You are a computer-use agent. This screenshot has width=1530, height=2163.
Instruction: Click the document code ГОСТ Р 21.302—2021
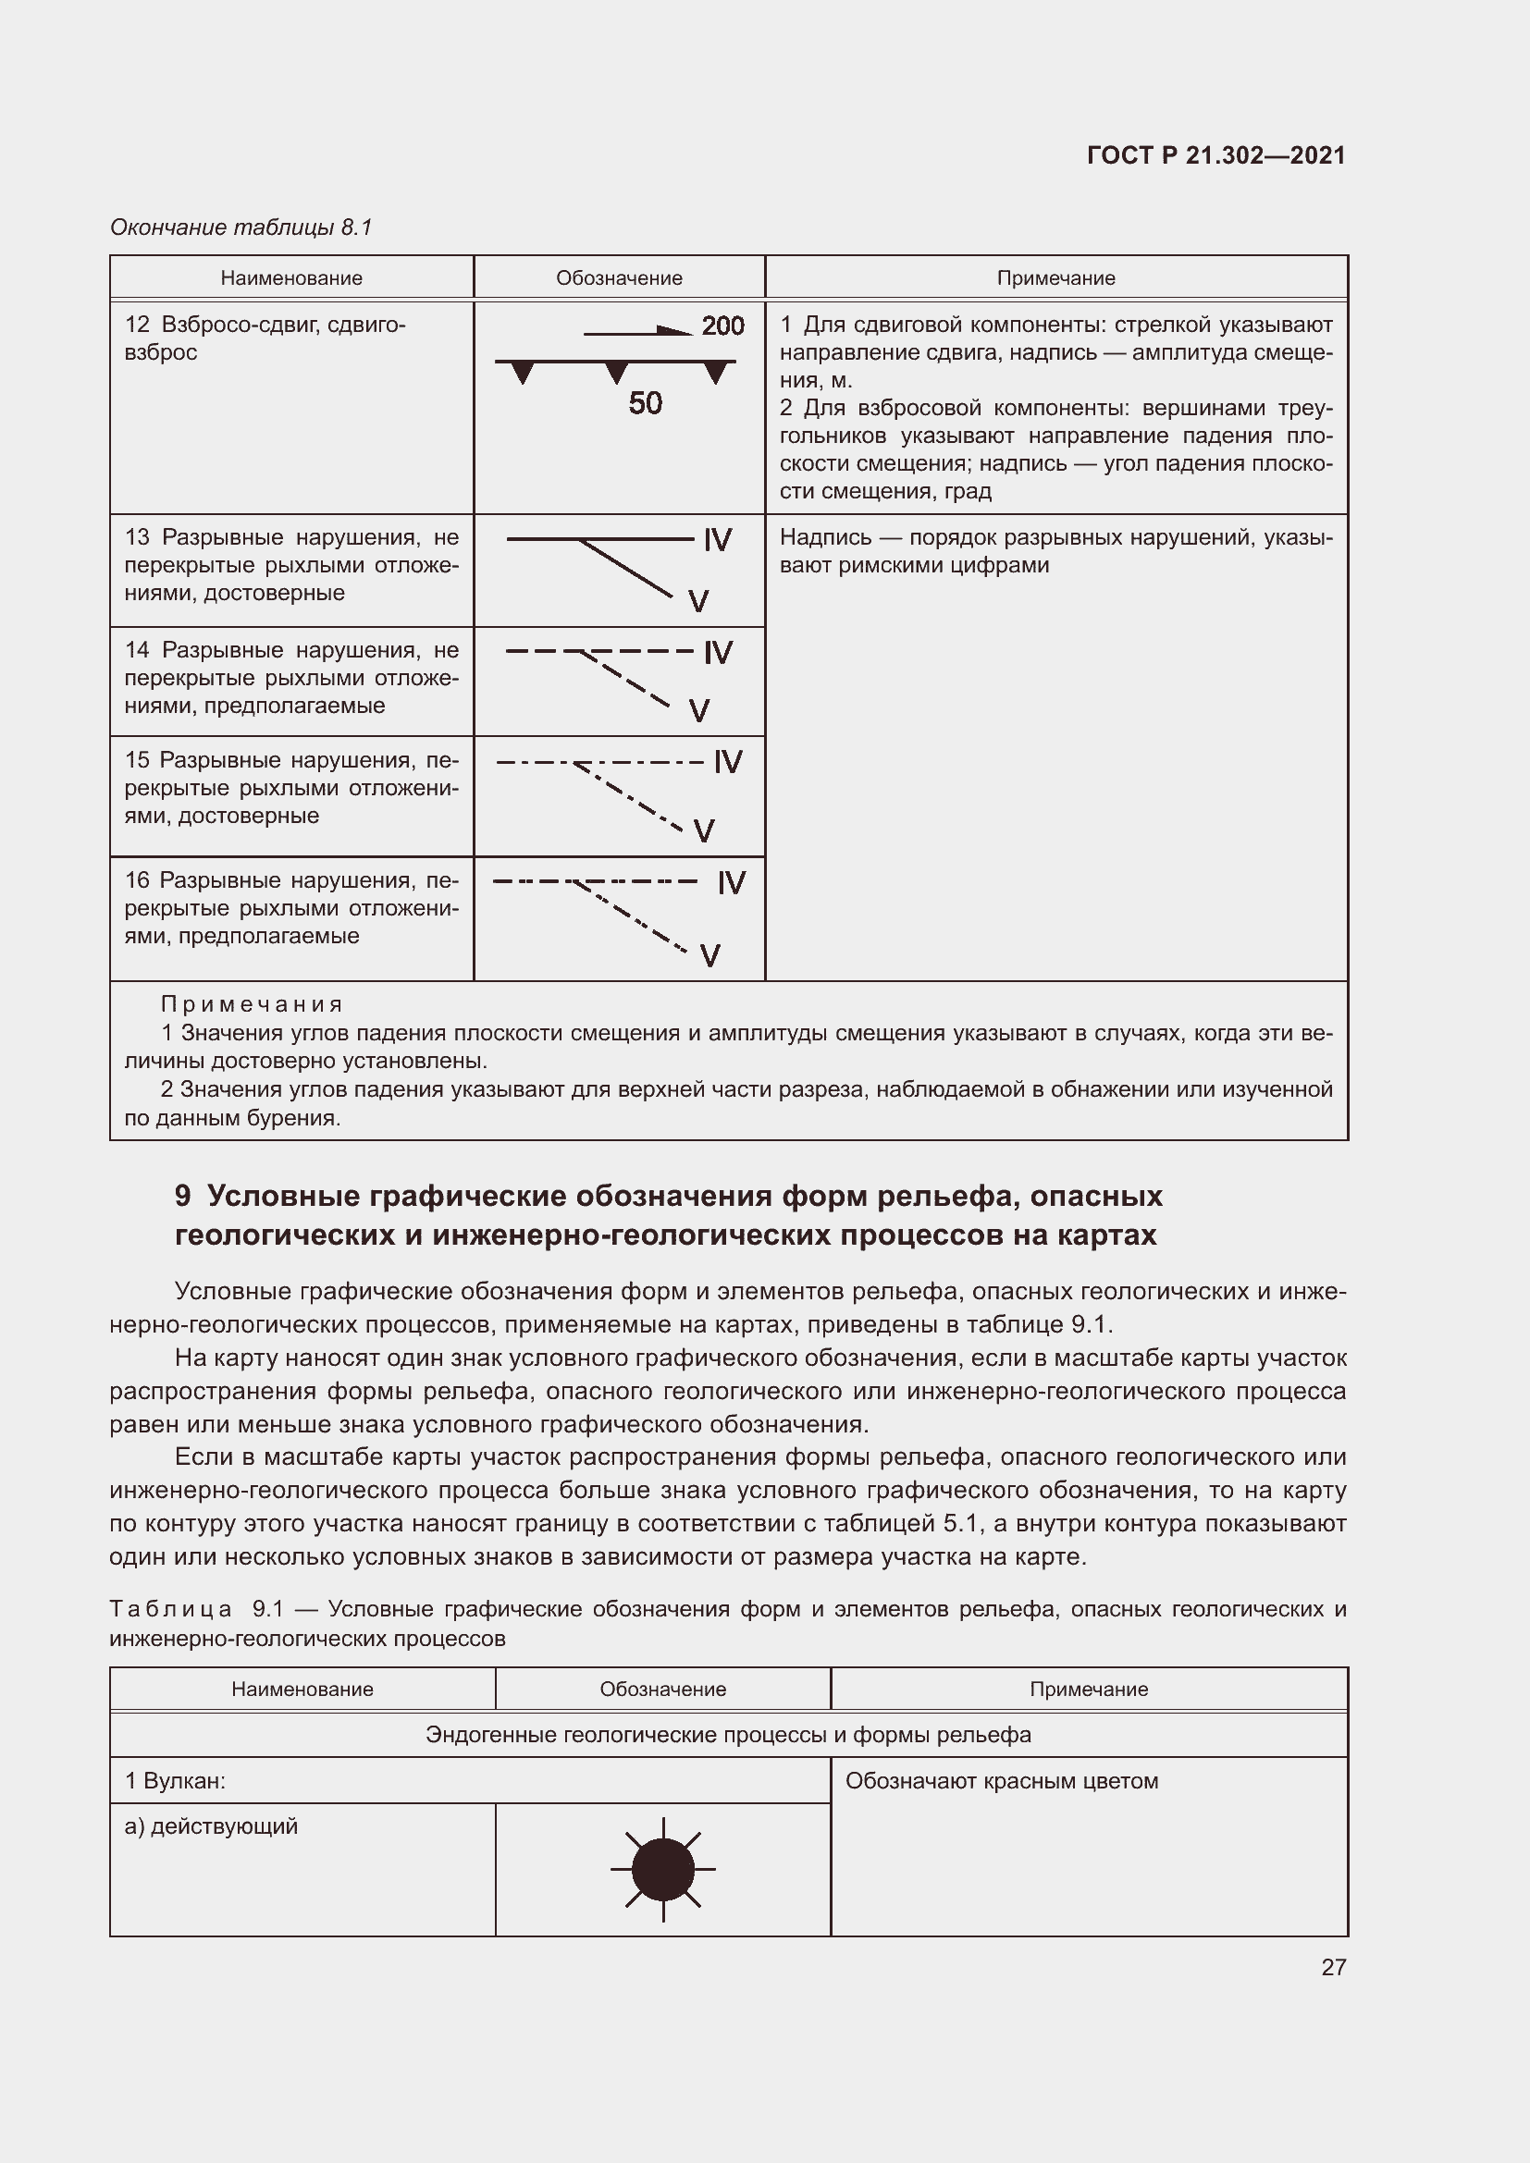pos(1215,155)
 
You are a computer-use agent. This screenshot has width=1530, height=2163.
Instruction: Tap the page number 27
pos(1333,1967)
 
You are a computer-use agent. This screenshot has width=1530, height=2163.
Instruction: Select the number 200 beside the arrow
pos(722,326)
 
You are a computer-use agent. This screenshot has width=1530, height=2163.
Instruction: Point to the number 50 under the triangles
pos(646,403)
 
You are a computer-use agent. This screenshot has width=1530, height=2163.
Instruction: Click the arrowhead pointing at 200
pos(676,331)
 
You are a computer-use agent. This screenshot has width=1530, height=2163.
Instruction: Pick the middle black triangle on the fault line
pos(616,372)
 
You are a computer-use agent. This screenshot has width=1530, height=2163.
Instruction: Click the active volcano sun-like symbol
pos(663,1870)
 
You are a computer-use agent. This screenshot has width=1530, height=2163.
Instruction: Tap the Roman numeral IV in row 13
pos(718,540)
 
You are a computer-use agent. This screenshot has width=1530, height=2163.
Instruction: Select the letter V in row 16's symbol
pos(710,956)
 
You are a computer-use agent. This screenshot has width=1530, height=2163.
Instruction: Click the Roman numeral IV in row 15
pos(728,761)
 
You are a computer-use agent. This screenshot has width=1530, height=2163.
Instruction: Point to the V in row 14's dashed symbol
pos(699,710)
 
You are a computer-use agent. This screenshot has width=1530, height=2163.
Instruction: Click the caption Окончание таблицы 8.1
pos(241,227)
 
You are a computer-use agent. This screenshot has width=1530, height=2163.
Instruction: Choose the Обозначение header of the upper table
pos(619,278)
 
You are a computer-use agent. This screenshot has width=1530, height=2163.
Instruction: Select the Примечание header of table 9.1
pos(1088,1690)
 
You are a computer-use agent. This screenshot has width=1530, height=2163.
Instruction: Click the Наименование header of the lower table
pos(302,1690)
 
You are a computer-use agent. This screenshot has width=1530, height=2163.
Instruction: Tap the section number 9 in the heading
pos(183,1196)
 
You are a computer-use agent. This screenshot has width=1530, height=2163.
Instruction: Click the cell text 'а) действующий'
pos(211,1825)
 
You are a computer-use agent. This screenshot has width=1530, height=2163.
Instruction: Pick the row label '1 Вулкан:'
pos(175,1780)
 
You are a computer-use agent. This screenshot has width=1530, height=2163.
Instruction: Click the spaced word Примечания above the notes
pos(252,1004)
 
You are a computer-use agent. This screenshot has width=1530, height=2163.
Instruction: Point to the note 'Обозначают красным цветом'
pos(1002,1780)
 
